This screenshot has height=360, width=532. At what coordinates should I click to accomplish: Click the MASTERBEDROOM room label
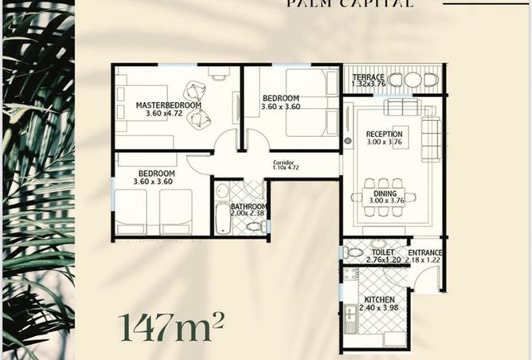168,105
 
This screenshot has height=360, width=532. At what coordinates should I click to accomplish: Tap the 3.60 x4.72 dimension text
168,114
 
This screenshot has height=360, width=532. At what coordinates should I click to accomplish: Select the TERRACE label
368,77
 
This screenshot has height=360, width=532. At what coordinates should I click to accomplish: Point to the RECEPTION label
385,135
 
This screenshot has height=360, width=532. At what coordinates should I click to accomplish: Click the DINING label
385,193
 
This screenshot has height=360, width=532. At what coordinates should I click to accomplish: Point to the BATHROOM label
248,205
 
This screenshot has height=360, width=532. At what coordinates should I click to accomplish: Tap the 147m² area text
170,326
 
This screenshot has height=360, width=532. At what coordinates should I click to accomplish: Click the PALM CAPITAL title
350,4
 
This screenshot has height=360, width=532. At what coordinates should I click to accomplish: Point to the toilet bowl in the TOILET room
354,252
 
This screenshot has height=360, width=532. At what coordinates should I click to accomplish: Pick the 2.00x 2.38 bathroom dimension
248,213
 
